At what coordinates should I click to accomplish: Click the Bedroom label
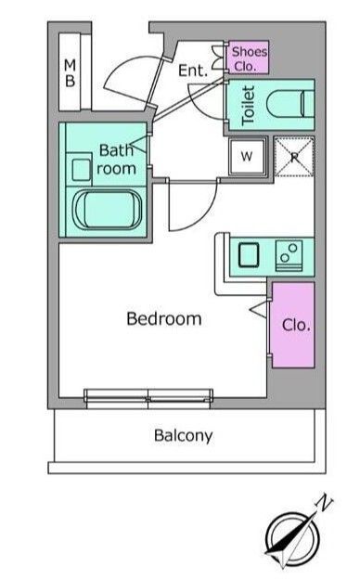164,318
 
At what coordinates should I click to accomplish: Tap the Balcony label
183,436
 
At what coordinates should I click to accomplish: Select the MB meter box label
70,73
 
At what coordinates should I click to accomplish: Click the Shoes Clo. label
249,58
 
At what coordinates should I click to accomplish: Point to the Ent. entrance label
193,71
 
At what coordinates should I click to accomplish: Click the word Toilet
248,105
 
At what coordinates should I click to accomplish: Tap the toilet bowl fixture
290,104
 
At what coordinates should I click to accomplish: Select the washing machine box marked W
247,157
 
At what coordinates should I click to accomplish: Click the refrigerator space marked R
294,157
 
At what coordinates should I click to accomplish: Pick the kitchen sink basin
249,255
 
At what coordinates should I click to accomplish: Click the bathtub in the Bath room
108,210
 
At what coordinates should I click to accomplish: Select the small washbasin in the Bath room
82,170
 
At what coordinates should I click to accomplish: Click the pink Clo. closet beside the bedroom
293,325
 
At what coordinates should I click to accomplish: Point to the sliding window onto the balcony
148,398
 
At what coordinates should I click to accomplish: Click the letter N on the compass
325,502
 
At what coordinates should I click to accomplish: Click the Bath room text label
116,160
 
